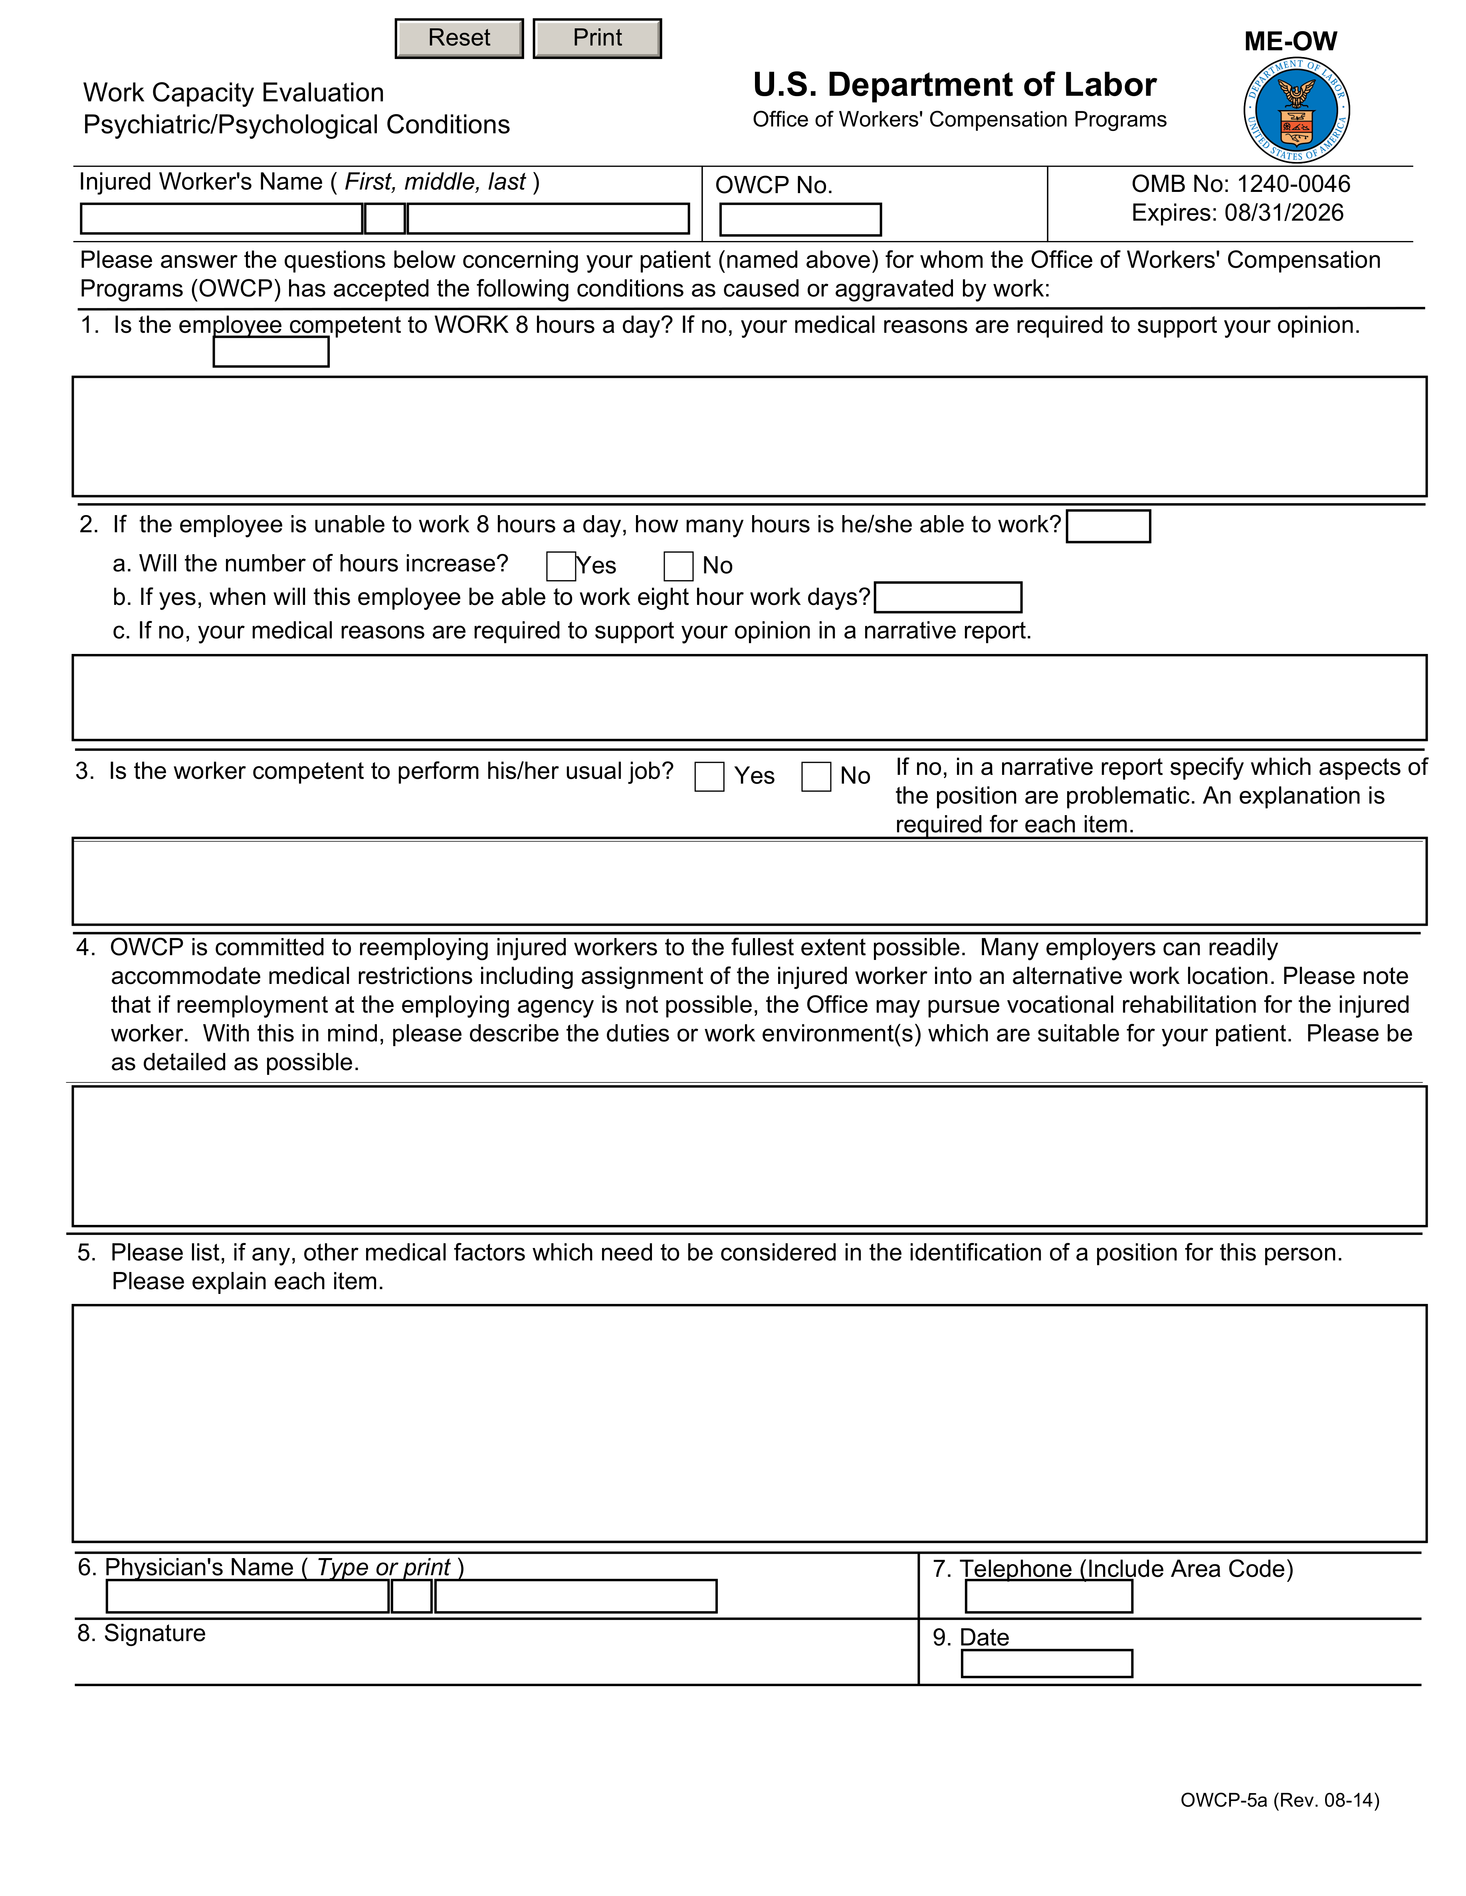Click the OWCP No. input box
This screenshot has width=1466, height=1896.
click(x=800, y=219)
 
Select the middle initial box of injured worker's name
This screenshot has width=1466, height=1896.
click(x=385, y=219)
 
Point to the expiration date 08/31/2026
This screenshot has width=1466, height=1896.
click(x=1284, y=213)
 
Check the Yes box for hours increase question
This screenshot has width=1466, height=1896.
click(x=561, y=566)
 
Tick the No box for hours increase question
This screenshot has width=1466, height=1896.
click(x=678, y=566)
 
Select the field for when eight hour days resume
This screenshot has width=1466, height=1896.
click(x=947, y=597)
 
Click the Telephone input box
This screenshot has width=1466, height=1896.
click(x=1048, y=1596)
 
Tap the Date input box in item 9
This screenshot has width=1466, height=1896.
click(x=1046, y=1663)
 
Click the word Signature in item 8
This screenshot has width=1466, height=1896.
click(x=155, y=1633)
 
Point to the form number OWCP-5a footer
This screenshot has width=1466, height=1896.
click(x=1279, y=1799)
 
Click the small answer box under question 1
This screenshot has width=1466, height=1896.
click(x=271, y=352)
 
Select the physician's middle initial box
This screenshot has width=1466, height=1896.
click(x=412, y=1596)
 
